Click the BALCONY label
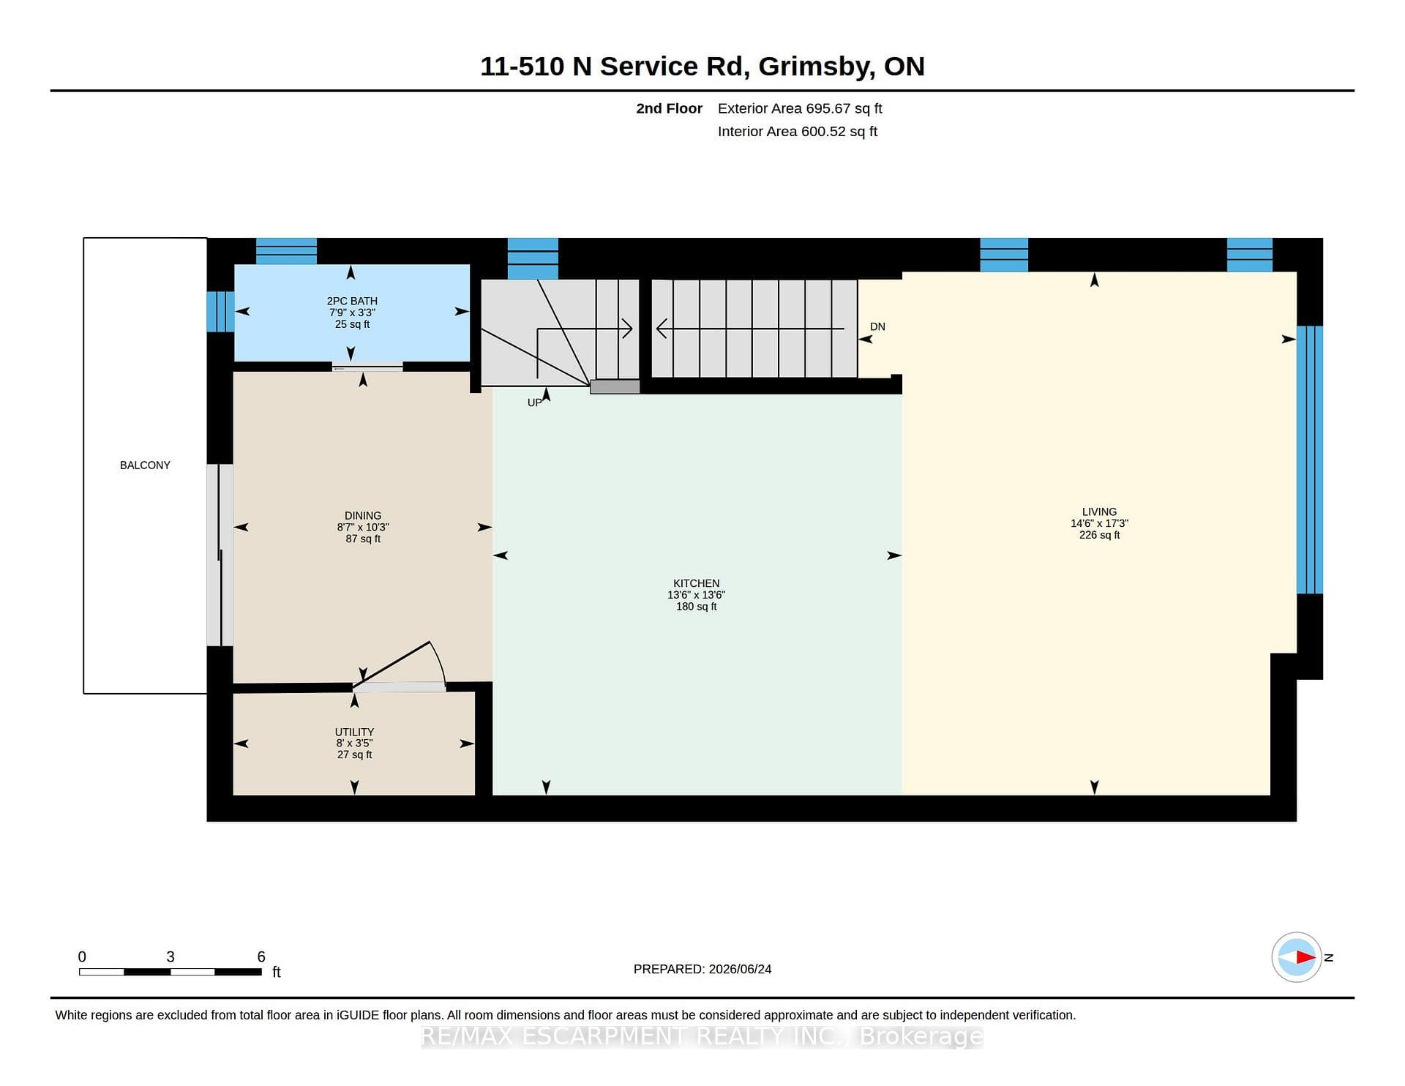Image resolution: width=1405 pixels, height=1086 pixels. (x=145, y=465)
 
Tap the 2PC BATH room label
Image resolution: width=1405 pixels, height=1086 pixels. (x=352, y=301)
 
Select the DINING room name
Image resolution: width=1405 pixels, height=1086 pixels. (x=363, y=515)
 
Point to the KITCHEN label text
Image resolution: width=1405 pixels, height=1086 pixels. (x=697, y=583)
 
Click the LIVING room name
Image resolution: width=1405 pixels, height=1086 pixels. (x=1099, y=512)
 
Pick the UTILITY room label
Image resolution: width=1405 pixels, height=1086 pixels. (x=354, y=732)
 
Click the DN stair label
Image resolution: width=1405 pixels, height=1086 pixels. (x=877, y=326)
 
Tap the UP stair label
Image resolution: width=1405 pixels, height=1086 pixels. (x=535, y=402)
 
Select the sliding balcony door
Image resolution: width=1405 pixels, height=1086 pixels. (x=220, y=555)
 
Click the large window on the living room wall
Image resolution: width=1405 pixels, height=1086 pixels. (x=1309, y=460)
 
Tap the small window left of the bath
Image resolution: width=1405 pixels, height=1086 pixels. (x=220, y=312)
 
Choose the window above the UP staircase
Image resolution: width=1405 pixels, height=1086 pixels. (x=533, y=258)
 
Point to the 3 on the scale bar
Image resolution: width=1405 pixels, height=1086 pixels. (x=171, y=956)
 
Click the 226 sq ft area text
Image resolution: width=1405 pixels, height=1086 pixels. (x=1099, y=535)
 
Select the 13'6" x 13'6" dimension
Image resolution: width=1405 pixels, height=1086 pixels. (x=697, y=595)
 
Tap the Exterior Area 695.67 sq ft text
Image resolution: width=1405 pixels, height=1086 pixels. (x=800, y=108)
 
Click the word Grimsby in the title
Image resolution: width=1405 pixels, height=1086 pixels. (x=817, y=67)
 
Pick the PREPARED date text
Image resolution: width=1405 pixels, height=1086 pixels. (x=702, y=969)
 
